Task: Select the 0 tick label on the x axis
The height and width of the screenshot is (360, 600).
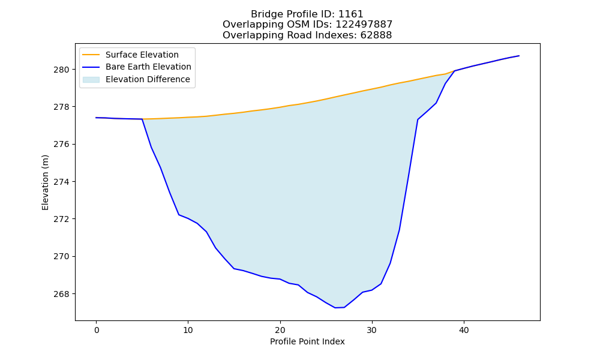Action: (x=96, y=330)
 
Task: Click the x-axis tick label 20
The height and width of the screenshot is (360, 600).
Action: (x=280, y=330)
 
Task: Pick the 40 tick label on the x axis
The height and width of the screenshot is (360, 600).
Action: (x=464, y=330)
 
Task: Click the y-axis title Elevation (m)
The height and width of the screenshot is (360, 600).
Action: (x=45, y=182)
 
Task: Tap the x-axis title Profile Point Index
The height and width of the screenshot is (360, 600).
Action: (x=307, y=341)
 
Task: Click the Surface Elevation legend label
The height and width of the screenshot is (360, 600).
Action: (x=142, y=55)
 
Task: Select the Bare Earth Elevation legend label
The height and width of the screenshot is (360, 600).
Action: (x=148, y=67)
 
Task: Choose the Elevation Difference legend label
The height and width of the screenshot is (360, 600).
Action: (x=148, y=79)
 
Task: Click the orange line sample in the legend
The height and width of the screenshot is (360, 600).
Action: (x=91, y=55)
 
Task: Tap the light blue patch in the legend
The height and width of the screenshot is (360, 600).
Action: (x=91, y=80)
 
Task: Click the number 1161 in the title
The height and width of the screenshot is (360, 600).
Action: (x=350, y=14)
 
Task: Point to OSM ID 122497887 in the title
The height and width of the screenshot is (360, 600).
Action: (x=364, y=25)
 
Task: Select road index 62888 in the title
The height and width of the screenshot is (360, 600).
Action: (x=376, y=35)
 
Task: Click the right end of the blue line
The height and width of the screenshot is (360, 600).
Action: (x=519, y=56)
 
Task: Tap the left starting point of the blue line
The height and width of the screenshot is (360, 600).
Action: (x=96, y=118)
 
